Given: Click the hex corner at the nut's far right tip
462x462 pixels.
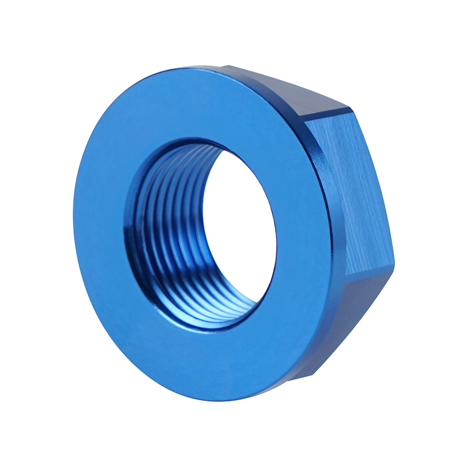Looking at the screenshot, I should click(x=395, y=264).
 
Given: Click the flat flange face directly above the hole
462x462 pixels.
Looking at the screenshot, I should click(x=194, y=106).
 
